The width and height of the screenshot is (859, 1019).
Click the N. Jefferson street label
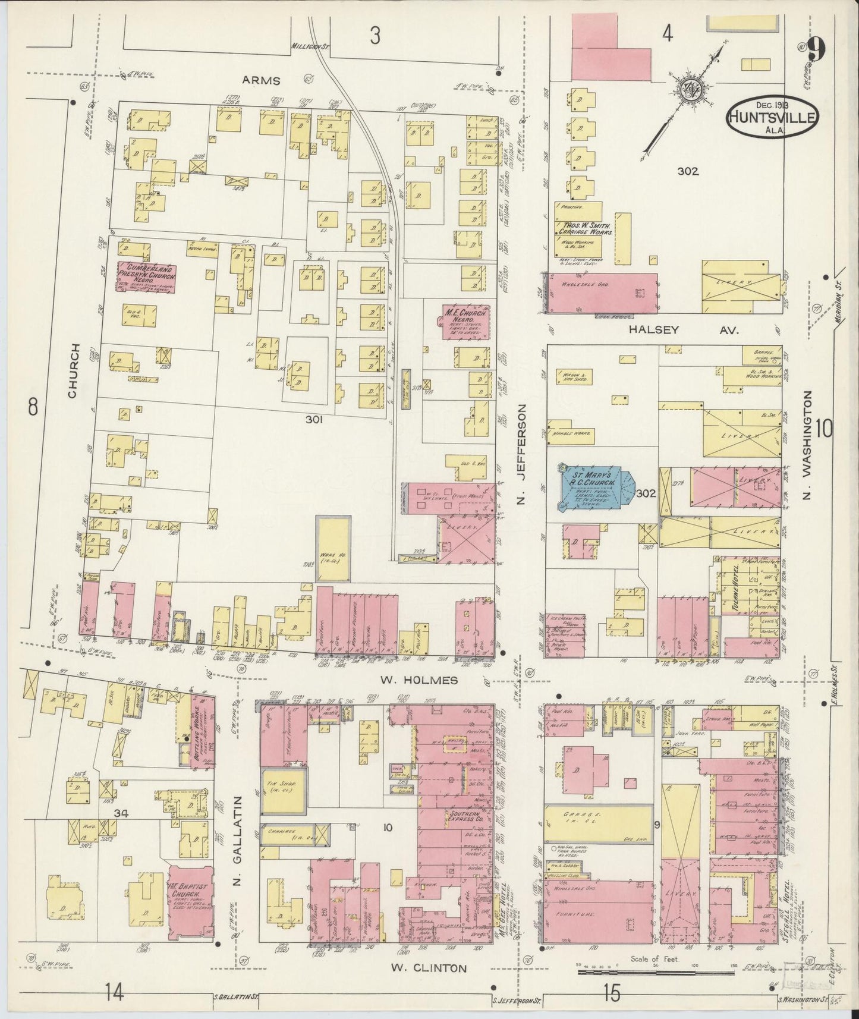click(x=521, y=455)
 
